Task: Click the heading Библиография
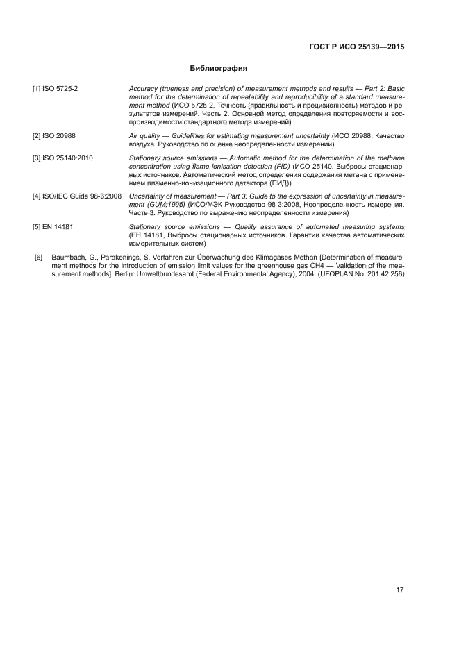pos(219,69)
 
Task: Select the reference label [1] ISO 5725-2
pos(55,90)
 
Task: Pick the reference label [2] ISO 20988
pos(53,135)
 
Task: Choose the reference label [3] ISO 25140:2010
pos(62,158)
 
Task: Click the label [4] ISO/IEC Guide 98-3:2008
pos(76,196)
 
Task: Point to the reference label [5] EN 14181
pos(52,227)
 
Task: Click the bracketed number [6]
pos(39,258)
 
